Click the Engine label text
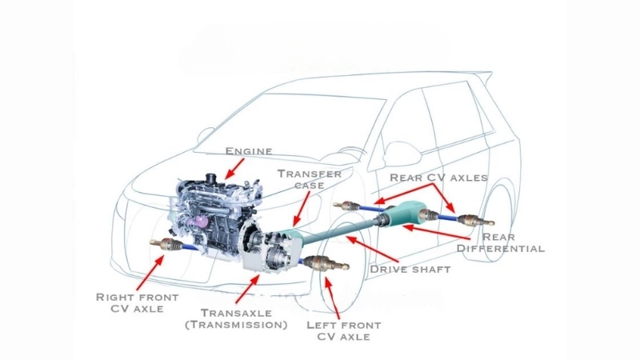(x=249, y=150)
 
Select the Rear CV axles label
(x=438, y=177)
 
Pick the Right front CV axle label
(x=129, y=302)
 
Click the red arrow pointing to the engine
(x=234, y=167)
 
